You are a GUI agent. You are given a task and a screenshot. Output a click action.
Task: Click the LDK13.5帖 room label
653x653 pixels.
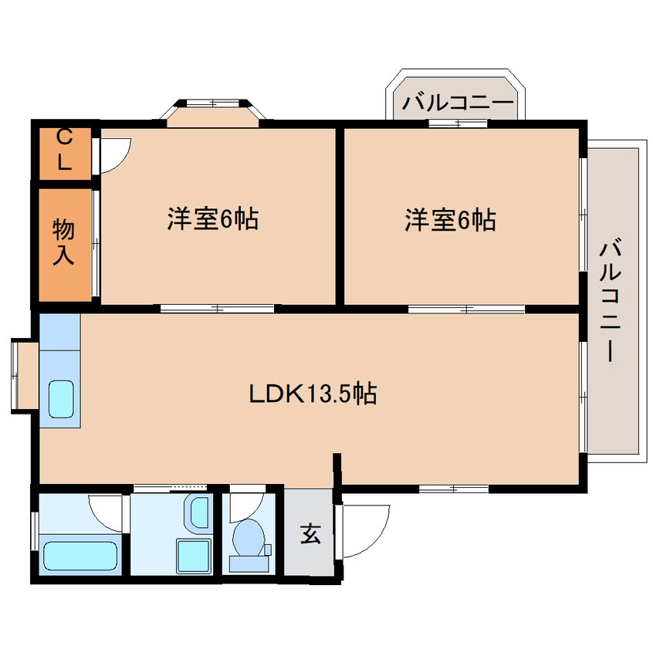click(312, 395)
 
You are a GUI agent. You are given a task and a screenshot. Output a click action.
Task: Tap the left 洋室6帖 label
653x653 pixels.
click(212, 220)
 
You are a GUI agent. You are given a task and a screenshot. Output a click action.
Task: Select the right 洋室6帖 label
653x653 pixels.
click(450, 220)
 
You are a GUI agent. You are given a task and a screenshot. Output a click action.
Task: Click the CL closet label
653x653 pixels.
click(65, 150)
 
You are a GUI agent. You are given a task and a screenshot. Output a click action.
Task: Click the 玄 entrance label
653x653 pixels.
click(310, 533)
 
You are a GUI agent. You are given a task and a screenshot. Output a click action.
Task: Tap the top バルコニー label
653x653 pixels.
click(458, 102)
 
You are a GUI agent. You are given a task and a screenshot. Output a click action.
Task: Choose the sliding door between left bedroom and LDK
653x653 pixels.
click(217, 309)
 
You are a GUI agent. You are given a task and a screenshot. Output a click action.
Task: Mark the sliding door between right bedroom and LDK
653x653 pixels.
click(466, 309)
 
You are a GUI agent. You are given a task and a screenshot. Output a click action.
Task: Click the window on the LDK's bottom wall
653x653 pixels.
click(453, 489)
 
